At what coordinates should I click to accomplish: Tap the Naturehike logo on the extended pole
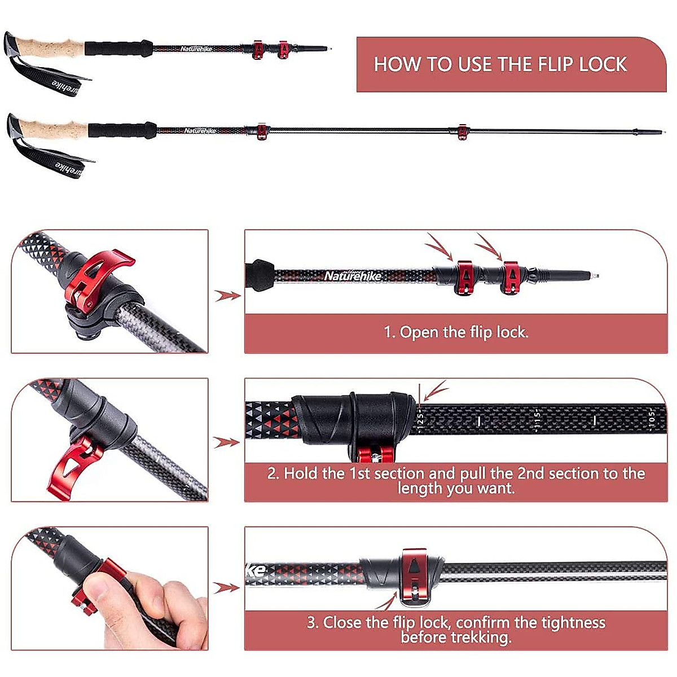coord(200,131)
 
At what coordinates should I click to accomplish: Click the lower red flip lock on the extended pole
coord(462,131)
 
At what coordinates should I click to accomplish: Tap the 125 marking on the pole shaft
coord(420,420)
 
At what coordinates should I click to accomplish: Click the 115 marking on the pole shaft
coord(537,420)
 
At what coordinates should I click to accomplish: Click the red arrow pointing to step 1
coord(227,295)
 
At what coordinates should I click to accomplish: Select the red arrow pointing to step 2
coord(227,442)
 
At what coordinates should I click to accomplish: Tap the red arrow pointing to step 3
coord(227,588)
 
